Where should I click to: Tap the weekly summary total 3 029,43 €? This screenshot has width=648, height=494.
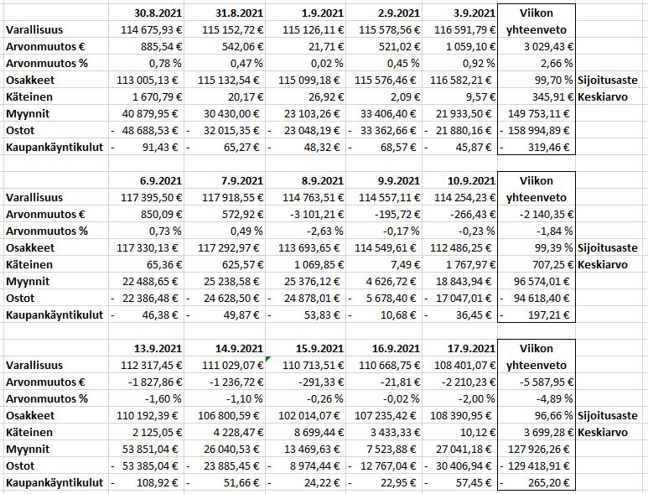click(546, 46)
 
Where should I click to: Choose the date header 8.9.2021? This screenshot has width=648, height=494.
click(323, 180)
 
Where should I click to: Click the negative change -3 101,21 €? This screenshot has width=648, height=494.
click(316, 214)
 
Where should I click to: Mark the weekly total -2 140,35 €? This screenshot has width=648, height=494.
click(543, 214)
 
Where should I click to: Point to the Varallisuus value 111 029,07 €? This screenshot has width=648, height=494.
click(226, 365)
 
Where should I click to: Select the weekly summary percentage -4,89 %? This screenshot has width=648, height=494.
click(552, 398)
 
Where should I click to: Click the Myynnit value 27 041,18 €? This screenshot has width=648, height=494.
click(462, 450)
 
